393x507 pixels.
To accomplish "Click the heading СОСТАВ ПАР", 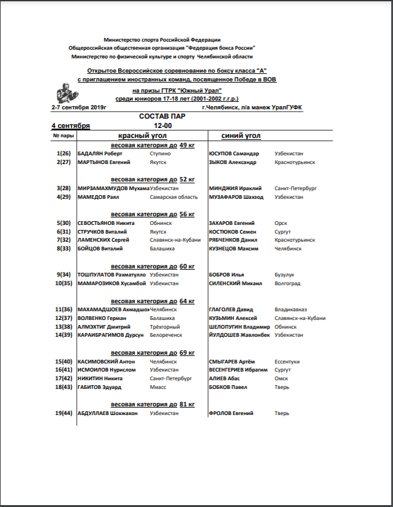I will pos(162,116).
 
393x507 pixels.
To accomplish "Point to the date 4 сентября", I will pos(71,126).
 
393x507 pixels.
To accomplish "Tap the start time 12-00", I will pos(162,126).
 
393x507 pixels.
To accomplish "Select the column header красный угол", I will pos(143,135).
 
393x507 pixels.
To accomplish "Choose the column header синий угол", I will pos(241,135).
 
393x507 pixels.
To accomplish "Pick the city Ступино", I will pos(160,153).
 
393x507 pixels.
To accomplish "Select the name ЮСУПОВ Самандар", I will pos(233,153).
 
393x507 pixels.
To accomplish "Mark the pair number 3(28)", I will pos(63,188).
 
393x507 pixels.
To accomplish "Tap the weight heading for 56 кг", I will pos(152,214).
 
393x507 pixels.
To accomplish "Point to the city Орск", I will pos(281,222).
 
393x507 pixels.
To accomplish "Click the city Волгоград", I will pos(287,283).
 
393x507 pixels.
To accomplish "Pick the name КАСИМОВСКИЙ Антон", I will pos(106,361).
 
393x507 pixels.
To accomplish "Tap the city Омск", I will pos(282,378).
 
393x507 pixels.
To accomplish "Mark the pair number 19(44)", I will pos(63,413).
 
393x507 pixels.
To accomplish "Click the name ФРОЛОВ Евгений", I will pos(231,413).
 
